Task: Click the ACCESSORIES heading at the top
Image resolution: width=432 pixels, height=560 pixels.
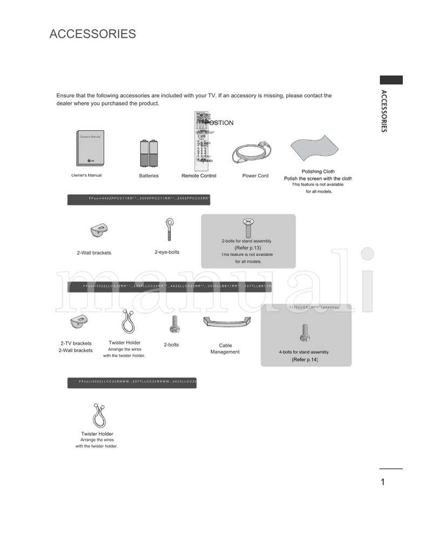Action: [92, 34]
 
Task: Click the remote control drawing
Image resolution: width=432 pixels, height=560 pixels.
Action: [202, 138]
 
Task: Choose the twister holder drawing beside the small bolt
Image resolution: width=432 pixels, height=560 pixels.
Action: [125, 323]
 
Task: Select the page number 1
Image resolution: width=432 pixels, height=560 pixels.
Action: [383, 482]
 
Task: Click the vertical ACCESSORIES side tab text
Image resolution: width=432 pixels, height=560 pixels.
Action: [383, 111]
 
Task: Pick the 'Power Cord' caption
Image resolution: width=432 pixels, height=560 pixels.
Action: [255, 176]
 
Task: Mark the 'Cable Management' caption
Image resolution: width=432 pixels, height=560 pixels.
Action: [225, 349]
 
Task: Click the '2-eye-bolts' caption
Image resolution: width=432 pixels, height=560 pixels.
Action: [167, 252]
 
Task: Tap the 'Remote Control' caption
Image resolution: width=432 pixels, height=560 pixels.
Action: [199, 176]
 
